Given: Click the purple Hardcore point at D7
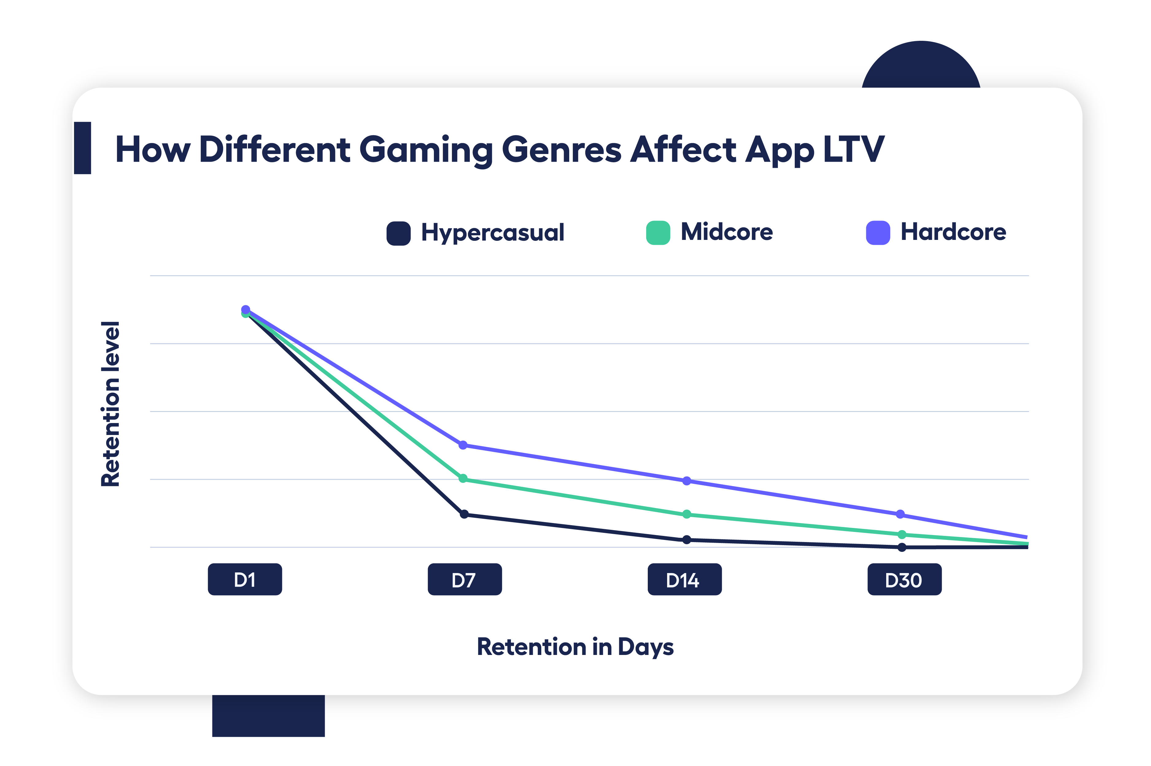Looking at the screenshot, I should (x=463, y=445).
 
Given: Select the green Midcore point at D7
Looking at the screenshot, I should (x=463, y=478).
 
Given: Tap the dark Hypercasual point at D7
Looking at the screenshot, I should (x=464, y=514).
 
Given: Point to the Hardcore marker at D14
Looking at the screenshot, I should (x=686, y=481).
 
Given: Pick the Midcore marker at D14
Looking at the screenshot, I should (x=686, y=514).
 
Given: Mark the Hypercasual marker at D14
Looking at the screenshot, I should (x=686, y=539).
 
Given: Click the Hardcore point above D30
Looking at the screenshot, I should (x=900, y=514).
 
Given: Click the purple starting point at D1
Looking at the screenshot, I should (x=246, y=309).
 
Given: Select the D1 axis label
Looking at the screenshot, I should (x=245, y=579).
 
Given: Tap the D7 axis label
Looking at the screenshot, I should (x=465, y=579).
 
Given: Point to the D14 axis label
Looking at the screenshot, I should (x=685, y=579).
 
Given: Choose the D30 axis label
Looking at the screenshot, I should (x=904, y=579).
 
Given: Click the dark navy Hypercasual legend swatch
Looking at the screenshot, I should (x=398, y=233).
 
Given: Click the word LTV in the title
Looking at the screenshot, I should (x=853, y=149).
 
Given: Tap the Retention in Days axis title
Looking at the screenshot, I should (x=575, y=647).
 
